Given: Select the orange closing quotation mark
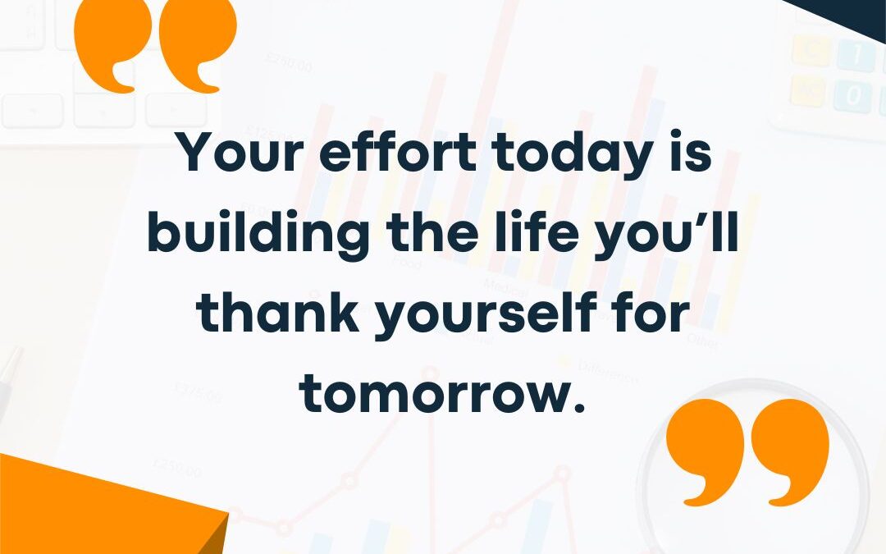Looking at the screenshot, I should pos(747,451).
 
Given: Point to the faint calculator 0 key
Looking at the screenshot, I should pos(854,96).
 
